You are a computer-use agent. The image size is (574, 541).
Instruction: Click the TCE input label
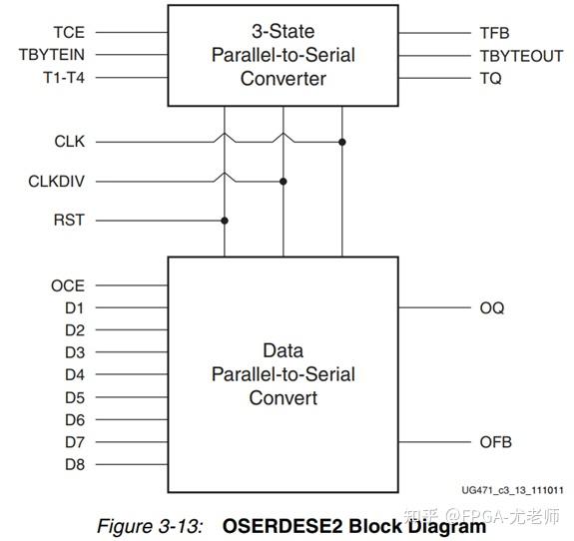tap(69, 34)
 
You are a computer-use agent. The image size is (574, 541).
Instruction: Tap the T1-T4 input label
tap(61, 78)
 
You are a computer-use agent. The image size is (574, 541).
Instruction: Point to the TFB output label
tap(495, 34)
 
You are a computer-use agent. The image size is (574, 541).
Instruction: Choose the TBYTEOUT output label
tap(521, 56)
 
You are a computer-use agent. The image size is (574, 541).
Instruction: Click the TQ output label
tap(491, 78)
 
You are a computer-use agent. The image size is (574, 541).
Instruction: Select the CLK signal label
tap(69, 142)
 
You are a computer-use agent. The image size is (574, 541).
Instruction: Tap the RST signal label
tap(69, 220)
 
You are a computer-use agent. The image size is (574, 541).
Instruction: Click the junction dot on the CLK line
tap(342, 142)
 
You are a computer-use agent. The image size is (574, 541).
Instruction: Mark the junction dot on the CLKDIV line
tap(284, 182)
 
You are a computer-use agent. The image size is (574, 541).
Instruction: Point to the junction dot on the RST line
tap(225, 220)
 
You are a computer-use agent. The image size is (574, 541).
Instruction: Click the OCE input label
tap(68, 286)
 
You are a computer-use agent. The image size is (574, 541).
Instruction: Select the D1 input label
tap(75, 308)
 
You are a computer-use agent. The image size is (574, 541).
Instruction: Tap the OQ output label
tap(491, 308)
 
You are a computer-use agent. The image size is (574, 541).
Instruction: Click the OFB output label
tap(495, 442)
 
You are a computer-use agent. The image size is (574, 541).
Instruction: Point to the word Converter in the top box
tap(284, 79)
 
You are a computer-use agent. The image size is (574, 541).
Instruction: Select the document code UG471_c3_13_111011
tap(512, 490)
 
